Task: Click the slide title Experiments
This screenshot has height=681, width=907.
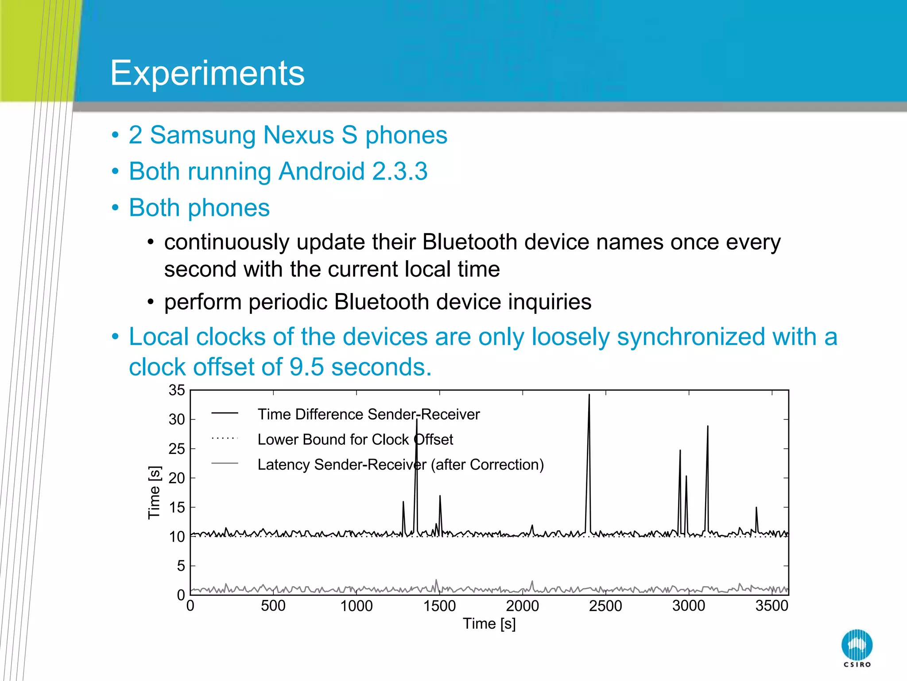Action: (x=207, y=73)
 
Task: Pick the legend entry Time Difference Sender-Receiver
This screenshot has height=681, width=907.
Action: (x=368, y=414)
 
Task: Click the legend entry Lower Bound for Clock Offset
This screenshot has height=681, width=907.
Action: (x=355, y=439)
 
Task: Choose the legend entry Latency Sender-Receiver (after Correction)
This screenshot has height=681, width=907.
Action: (x=400, y=465)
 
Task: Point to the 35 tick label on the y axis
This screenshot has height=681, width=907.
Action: (x=176, y=390)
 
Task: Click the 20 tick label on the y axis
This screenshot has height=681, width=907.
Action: (x=176, y=478)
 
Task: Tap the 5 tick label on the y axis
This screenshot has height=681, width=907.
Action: (x=181, y=566)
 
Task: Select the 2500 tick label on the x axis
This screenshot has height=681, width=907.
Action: (x=605, y=606)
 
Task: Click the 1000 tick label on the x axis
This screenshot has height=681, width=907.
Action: (x=356, y=606)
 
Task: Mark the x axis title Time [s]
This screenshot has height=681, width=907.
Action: (x=489, y=624)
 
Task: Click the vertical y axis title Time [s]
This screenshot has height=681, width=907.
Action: (x=154, y=492)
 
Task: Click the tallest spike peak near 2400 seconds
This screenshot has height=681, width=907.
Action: (x=589, y=395)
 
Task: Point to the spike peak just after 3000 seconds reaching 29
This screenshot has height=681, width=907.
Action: (x=708, y=427)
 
